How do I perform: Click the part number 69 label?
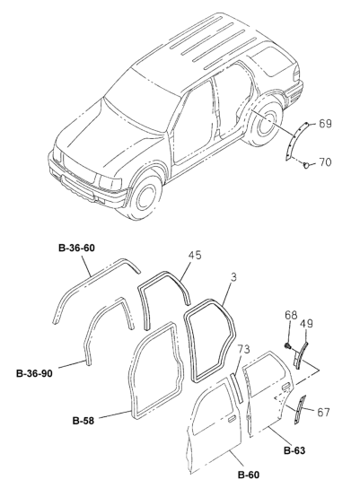coord(325,123)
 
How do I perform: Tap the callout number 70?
coord(325,162)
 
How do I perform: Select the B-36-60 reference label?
coord(76,248)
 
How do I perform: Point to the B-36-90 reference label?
coord(34,374)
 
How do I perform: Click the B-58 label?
coord(83,421)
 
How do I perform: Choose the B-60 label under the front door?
coord(249,475)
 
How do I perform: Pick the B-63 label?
coord(294,450)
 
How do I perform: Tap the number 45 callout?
coord(195,256)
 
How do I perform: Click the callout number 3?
coord(233,277)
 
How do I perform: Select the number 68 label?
coord(291,316)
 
